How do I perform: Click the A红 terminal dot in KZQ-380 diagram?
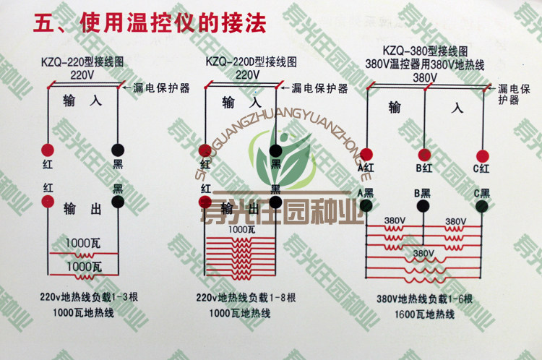tap(366, 154)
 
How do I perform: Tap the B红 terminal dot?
tap(424, 154)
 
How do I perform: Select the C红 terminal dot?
tap(482, 155)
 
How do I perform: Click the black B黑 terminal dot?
tap(424, 206)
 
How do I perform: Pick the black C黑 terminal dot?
tap(482, 206)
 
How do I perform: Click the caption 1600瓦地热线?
tap(425, 314)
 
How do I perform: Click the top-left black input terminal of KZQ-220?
tap(117, 150)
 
